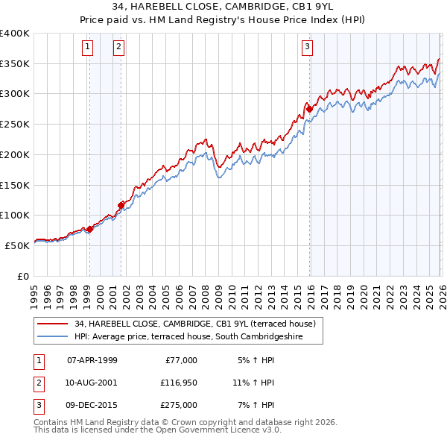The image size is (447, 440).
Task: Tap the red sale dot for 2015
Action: (308, 110)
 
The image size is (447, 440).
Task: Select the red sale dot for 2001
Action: (120, 204)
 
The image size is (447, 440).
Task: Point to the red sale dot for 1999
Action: (89, 229)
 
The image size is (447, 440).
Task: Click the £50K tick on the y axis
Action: (17, 245)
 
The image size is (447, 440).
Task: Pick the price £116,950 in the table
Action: (177, 383)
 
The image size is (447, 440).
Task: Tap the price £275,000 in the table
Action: (177, 405)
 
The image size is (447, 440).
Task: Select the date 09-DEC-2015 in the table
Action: (92, 405)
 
